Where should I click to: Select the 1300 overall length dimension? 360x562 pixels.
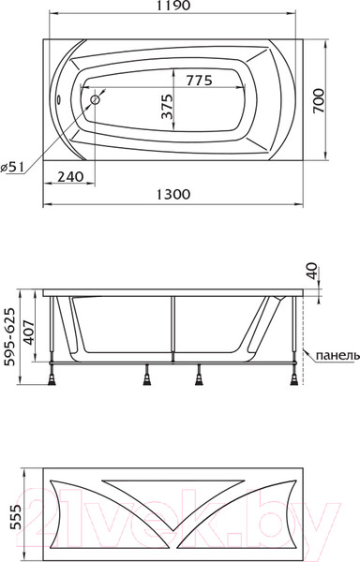[173, 194]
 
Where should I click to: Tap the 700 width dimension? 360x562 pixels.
[319, 100]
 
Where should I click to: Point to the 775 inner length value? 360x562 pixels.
[200, 81]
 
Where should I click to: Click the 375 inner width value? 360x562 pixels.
[167, 107]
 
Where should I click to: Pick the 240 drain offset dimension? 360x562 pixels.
[70, 176]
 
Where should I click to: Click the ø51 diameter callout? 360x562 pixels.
[12, 167]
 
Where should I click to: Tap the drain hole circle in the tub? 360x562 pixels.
[96, 99]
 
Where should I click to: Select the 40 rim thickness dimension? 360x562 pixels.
[312, 271]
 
